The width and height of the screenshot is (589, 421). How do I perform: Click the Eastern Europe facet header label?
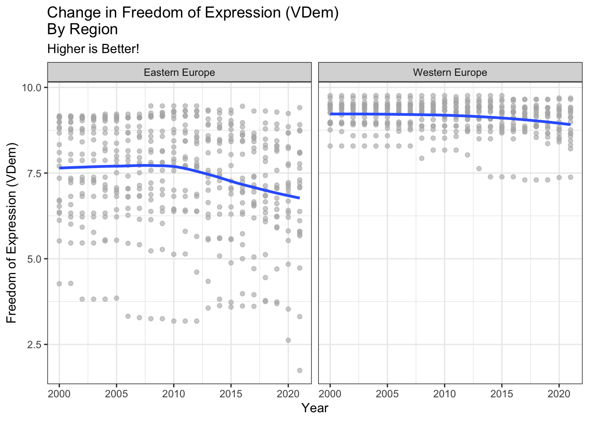(x=179, y=72)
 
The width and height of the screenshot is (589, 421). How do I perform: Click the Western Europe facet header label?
(x=450, y=72)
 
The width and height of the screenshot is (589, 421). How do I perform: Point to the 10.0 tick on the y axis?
(x=32, y=88)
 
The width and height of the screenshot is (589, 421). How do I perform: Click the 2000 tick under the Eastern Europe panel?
(x=59, y=393)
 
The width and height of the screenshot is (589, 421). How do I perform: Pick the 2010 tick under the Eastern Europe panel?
(x=174, y=393)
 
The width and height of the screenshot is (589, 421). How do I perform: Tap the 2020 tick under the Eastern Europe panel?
(x=288, y=393)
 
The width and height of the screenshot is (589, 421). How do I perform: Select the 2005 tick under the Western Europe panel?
(x=387, y=393)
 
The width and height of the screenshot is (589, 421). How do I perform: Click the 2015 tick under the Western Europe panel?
(x=502, y=393)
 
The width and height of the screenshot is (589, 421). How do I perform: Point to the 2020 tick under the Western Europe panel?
(x=559, y=393)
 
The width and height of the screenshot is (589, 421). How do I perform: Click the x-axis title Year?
(x=315, y=408)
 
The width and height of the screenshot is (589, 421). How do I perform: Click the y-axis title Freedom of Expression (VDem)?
(x=12, y=232)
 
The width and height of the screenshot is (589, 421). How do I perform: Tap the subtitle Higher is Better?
(x=93, y=49)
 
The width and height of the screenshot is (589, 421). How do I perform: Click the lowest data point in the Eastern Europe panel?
(x=300, y=371)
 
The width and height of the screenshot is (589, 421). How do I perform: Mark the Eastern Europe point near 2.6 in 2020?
(x=288, y=340)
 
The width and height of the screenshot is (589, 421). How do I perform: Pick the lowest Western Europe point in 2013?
(x=479, y=168)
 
